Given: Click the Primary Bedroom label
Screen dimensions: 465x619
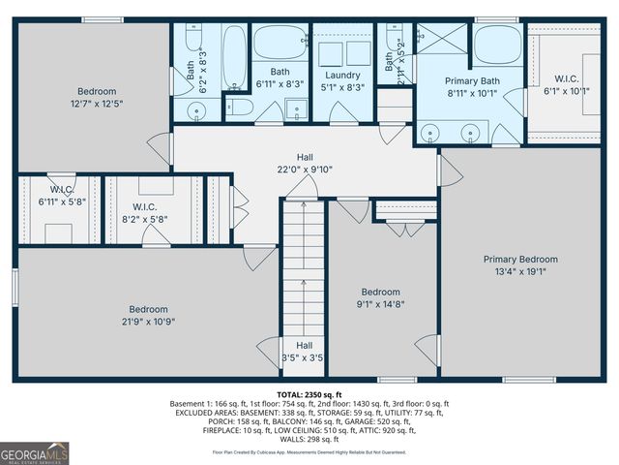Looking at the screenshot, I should tap(520, 259).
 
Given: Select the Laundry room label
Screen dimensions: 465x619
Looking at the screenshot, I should tap(342, 75).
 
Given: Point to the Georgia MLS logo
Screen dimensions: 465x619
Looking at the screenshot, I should tap(35, 451).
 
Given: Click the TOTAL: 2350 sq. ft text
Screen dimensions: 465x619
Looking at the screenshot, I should tap(309, 395).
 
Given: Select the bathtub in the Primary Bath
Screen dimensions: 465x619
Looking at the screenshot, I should tap(497, 46).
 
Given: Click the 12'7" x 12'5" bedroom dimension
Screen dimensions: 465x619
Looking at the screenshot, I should tap(98, 103).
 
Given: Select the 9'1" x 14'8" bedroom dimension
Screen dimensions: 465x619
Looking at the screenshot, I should tap(380, 305).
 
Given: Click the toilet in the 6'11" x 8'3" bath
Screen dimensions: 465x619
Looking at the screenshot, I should tap(239, 107).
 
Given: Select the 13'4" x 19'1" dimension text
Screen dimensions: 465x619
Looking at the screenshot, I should tap(520, 271).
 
